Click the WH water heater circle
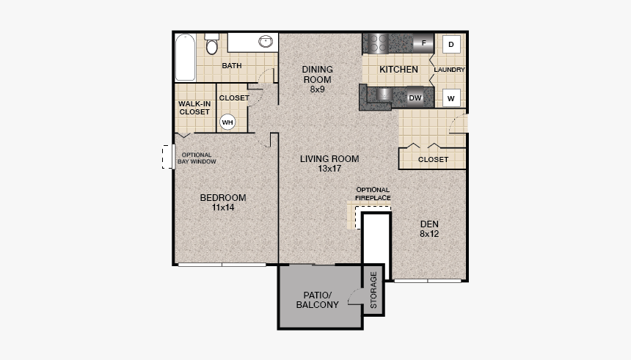point(227,122)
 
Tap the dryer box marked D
point(451,43)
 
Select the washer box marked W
point(451,98)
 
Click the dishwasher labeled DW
point(415,97)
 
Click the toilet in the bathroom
point(212,46)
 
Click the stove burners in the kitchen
point(376,43)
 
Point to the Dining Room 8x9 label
point(317,79)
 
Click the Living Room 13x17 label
point(329,164)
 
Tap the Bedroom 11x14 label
point(223,202)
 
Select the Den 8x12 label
point(429,229)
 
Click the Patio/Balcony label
point(317,299)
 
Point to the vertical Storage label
point(373,290)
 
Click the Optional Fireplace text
point(373,194)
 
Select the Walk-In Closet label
point(194,108)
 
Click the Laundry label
point(449,70)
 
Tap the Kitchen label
point(398,70)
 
